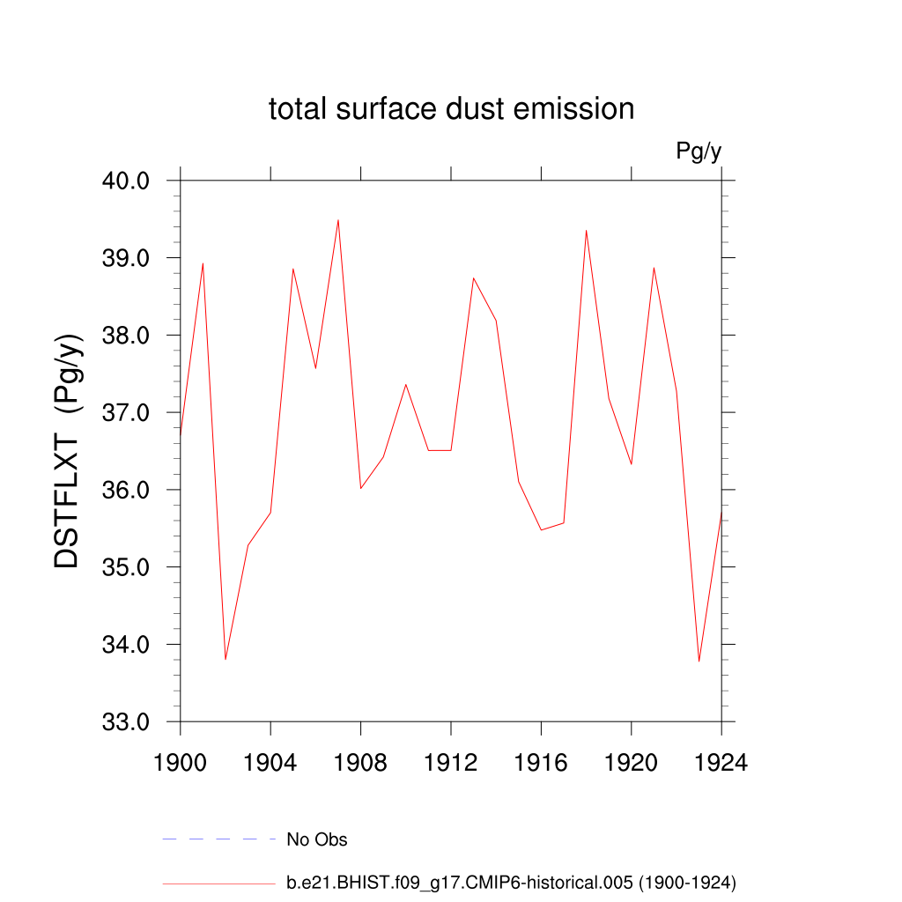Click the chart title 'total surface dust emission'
coord(451,109)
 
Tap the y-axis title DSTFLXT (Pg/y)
coord(67,451)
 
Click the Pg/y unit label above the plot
coord(699,152)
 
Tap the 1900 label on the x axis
coord(180,763)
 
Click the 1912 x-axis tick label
coord(451,763)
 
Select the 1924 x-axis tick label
coord(721,763)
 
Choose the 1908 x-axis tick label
coord(360,763)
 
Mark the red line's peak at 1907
coord(338,220)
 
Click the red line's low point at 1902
coord(225,659)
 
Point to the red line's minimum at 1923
coord(699,661)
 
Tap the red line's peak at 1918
coord(586,231)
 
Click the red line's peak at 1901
coord(203,263)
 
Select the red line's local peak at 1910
coord(406,384)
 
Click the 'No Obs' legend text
coord(317,839)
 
